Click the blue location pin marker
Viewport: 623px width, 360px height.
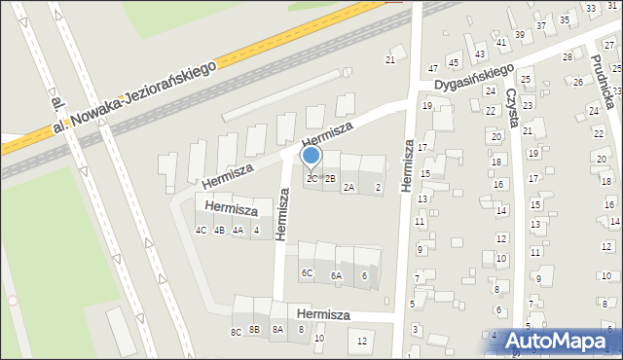tap(311, 156)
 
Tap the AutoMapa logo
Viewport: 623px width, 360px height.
tap(551, 342)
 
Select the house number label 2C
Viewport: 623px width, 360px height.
tap(311, 178)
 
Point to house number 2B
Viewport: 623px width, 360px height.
tap(330, 178)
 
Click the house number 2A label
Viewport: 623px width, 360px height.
tap(348, 187)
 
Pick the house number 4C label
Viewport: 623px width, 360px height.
tap(201, 231)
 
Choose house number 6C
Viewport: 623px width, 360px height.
tap(307, 273)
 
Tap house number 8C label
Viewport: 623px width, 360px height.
tap(236, 332)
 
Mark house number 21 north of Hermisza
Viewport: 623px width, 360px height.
tap(389, 60)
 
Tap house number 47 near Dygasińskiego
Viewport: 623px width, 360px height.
tap(432, 69)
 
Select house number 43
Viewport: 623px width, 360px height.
tap(480, 54)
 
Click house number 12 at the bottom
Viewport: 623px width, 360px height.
tap(362, 341)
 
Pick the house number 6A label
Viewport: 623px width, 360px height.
tap(336, 276)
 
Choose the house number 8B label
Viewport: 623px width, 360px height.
tap(254, 330)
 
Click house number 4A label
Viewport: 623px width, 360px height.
tap(238, 231)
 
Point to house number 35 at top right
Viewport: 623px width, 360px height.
tap(564, 19)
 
